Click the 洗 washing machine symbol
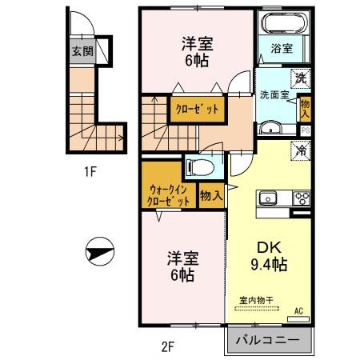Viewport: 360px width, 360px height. coord(300,78)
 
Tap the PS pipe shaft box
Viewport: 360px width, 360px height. coord(305,130)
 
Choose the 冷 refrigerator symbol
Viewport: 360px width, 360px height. coord(302,150)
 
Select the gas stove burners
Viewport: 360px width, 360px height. coord(302,199)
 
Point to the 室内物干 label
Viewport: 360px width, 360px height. coord(257,300)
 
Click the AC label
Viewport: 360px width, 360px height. coord(298,310)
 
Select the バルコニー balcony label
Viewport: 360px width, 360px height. coord(268,341)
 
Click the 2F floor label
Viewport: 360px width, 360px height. coord(166,346)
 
